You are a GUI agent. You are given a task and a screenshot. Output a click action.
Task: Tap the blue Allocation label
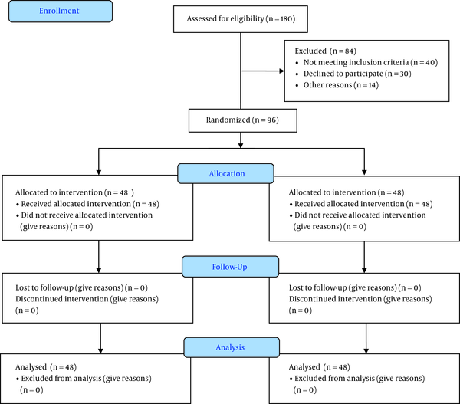[226, 174]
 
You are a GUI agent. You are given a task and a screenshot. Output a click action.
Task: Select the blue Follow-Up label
[230, 267]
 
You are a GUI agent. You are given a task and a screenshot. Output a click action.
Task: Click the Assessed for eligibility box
[241, 19]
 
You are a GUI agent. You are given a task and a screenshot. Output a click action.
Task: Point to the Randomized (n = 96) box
[242, 120]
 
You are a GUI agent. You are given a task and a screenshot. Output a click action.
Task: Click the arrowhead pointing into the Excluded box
[282, 71]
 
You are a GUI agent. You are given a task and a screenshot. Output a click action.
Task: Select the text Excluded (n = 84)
[325, 51]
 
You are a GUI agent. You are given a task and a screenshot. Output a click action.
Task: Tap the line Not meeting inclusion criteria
[370, 63]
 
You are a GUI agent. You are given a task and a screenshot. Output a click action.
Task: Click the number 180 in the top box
[286, 19]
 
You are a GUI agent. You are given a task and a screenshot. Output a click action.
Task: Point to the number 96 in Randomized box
[271, 120]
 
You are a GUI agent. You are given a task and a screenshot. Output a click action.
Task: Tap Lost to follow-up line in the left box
[81, 287]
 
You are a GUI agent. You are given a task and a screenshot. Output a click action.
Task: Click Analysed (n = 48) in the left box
[46, 367]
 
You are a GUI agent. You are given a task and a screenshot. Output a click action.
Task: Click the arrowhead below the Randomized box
[241, 146]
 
